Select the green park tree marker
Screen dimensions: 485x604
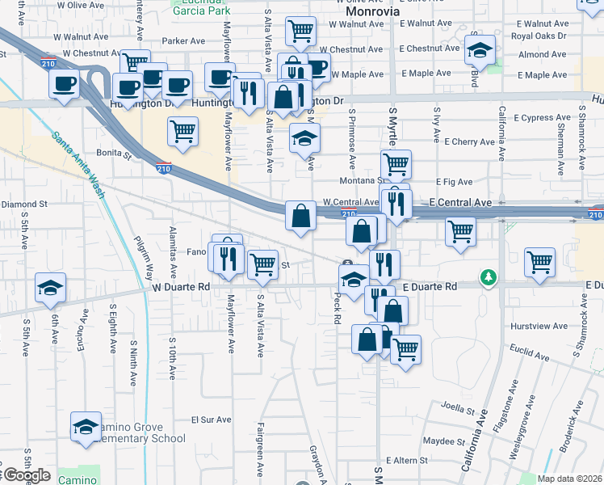pyautogui.click(x=489, y=278)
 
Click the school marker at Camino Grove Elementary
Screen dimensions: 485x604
pyautogui.click(x=86, y=428)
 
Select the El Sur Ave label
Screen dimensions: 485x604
pyautogui.click(x=211, y=420)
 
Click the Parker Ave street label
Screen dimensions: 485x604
pyautogui.click(x=184, y=40)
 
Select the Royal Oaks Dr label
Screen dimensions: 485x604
pyautogui.click(x=539, y=36)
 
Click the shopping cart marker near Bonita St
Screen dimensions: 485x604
pyautogui.click(x=183, y=132)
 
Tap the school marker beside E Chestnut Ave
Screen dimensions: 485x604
pyautogui.click(x=480, y=52)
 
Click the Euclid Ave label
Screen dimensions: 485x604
pyautogui.click(x=530, y=353)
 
